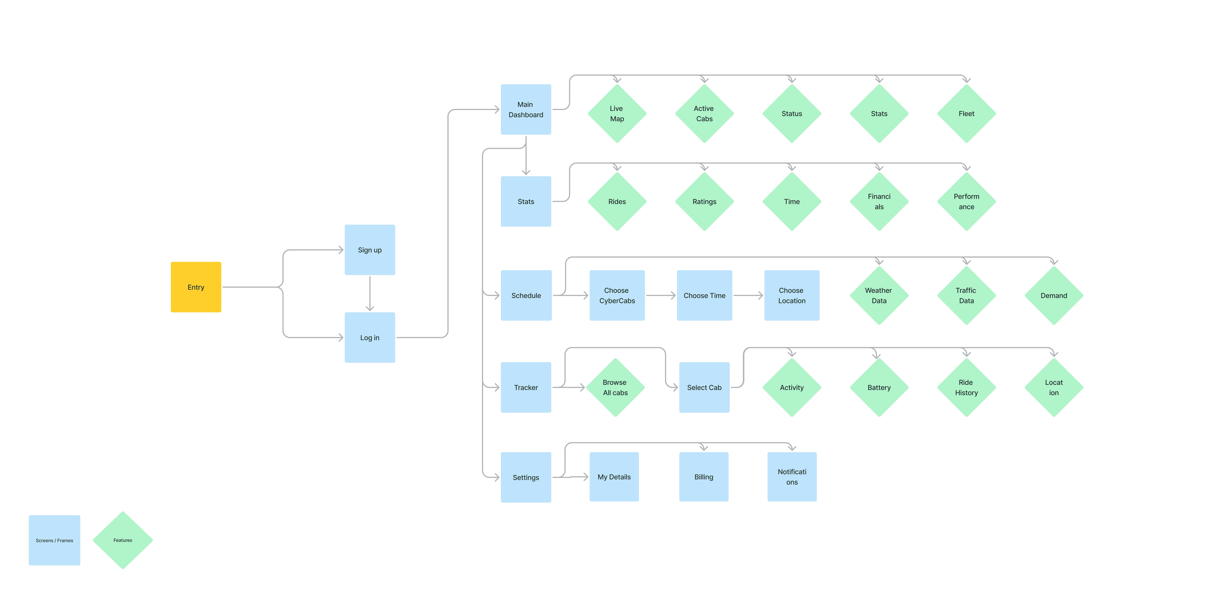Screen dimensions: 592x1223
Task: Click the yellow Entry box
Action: click(x=196, y=287)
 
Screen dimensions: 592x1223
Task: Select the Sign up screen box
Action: click(x=369, y=250)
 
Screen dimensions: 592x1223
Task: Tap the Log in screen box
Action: click(x=369, y=338)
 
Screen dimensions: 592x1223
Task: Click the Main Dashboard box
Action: click(x=526, y=109)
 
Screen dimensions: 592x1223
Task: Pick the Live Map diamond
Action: click(x=617, y=113)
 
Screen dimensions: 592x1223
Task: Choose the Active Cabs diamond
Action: click(x=704, y=113)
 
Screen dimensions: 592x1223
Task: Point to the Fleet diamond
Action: click(x=966, y=113)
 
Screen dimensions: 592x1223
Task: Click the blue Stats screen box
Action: click(x=526, y=201)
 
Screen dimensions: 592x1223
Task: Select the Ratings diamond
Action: click(x=704, y=201)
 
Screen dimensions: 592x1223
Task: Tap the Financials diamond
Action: click(x=879, y=201)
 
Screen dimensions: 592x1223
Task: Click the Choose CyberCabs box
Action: click(x=617, y=295)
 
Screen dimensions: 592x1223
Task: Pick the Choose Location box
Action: click(x=791, y=295)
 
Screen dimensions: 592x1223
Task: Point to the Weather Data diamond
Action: click(x=879, y=295)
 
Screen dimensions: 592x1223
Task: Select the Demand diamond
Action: click(x=1054, y=295)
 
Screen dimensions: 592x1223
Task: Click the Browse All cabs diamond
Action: click(x=615, y=387)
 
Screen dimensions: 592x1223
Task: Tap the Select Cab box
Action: click(x=704, y=387)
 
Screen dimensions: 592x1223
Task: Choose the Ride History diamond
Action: click(x=966, y=387)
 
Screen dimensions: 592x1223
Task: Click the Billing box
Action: click(x=704, y=477)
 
